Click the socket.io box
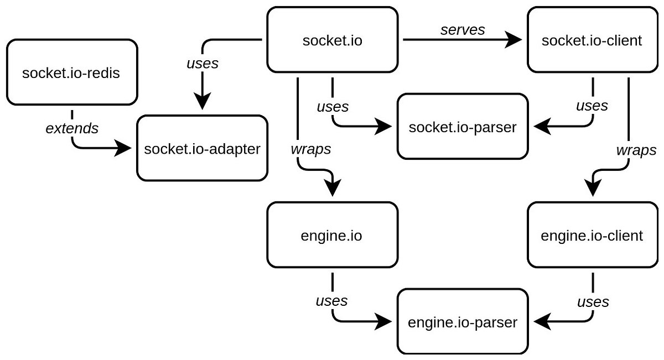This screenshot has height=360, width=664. coord(333,40)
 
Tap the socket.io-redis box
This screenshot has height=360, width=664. coord(71,72)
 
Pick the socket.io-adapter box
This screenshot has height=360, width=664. coord(201,148)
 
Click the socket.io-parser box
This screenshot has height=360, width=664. coord(462,127)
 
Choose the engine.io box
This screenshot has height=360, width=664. coord(332,236)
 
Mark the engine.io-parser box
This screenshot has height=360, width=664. coord(462,322)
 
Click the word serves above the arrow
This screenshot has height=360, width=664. coord(463,30)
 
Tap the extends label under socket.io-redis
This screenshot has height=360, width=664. coord(71,128)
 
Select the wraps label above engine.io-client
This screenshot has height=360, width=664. coord(636,149)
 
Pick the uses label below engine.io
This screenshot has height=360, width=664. coord(331,300)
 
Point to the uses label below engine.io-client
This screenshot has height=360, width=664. coord(593,301)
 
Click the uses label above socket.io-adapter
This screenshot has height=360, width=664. coord(203,63)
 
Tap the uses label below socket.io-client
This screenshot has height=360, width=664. coord(592,105)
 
